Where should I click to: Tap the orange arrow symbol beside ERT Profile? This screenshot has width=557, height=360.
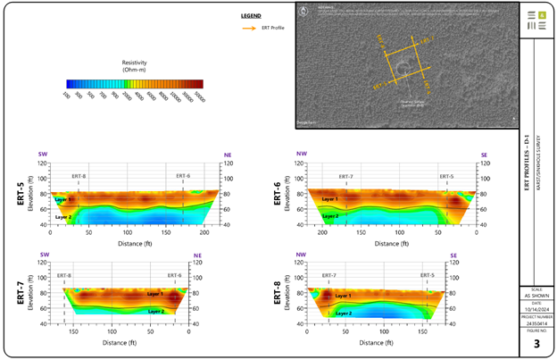(248, 28)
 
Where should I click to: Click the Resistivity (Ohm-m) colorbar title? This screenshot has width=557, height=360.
(134, 63)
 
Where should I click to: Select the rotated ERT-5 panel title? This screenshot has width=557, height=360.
(19, 191)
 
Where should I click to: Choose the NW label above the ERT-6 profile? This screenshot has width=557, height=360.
(301, 155)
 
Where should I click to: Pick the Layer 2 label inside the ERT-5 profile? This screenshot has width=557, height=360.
(62, 217)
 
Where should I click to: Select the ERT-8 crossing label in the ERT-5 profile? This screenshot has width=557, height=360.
(79, 177)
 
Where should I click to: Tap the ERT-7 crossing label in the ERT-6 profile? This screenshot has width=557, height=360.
(345, 177)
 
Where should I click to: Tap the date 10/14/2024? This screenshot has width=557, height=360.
(536, 308)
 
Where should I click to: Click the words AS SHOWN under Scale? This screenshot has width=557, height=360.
(536, 296)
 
